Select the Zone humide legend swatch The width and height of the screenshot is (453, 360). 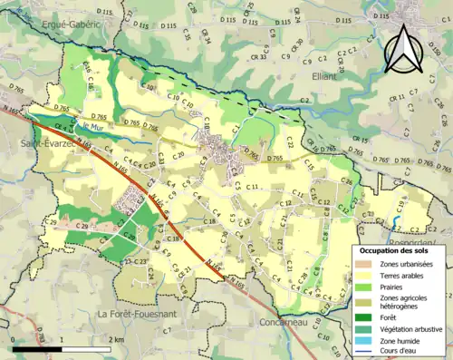click(x=366, y=339)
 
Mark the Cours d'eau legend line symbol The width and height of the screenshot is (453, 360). click(x=366, y=350)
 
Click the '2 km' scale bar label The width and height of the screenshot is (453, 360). click(x=115, y=339)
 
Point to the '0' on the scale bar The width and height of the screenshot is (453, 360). click(x=13, y=339)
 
